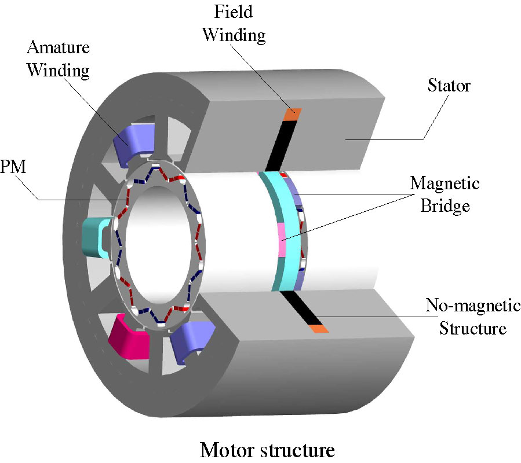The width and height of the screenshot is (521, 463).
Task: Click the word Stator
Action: [x=449, y=87]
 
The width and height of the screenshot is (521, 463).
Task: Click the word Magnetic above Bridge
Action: [x=445, y=185]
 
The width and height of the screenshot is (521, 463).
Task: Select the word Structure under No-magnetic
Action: [x=473, y=328]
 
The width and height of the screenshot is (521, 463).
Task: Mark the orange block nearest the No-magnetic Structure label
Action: [x=319, y=329]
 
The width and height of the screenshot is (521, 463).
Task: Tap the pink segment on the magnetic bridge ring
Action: [x=282, y=238]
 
